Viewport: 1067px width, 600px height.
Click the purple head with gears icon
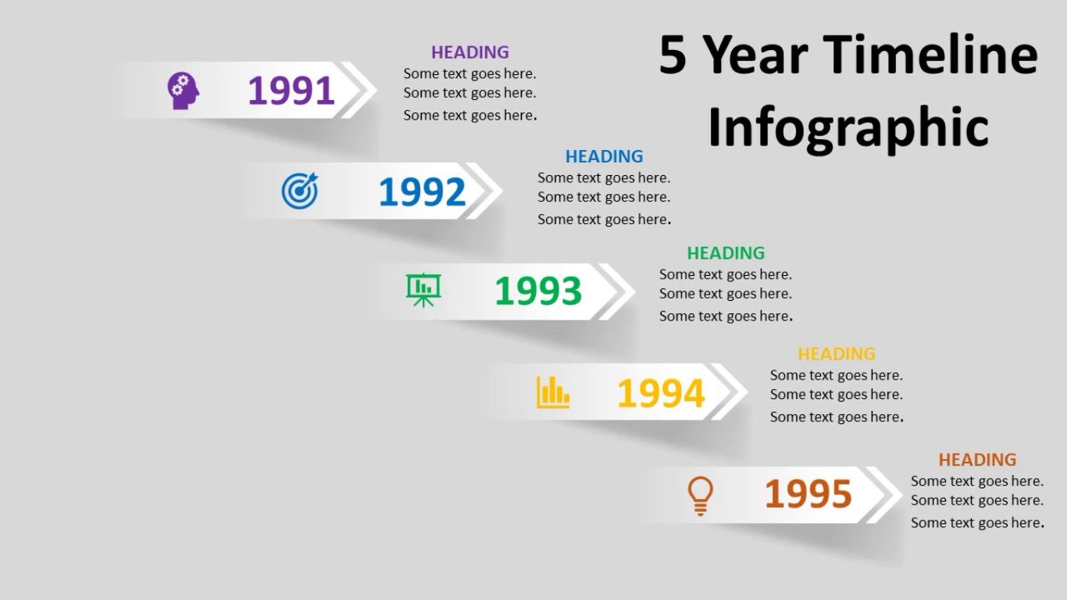tap(183, 91)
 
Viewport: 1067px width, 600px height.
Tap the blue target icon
tap(299, 191)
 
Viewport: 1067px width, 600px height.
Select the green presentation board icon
tap(423, 290)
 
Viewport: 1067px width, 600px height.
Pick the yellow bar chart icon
tap(553, 392)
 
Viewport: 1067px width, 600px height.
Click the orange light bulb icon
tap(700, 496)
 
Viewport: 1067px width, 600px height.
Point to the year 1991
tap(291, 91)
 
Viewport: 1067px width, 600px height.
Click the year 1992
tap(422, 192)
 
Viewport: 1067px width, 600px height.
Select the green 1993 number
tap(539, 291)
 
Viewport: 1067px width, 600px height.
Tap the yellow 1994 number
tap(661, 392)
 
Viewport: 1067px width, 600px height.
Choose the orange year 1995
tap(809, 493)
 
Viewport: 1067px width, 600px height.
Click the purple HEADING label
tap(470, 52)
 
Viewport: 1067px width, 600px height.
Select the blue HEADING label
tap(604, 156)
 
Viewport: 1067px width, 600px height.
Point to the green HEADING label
tap(726, 252)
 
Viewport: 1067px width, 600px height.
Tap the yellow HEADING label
tap(837, 354)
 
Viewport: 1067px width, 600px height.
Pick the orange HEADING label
tap(978, 459)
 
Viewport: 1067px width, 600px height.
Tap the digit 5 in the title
tap(673, 55)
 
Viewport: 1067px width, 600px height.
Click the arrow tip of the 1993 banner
tap(634, 291)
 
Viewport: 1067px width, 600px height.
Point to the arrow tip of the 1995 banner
tap(902, 495)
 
